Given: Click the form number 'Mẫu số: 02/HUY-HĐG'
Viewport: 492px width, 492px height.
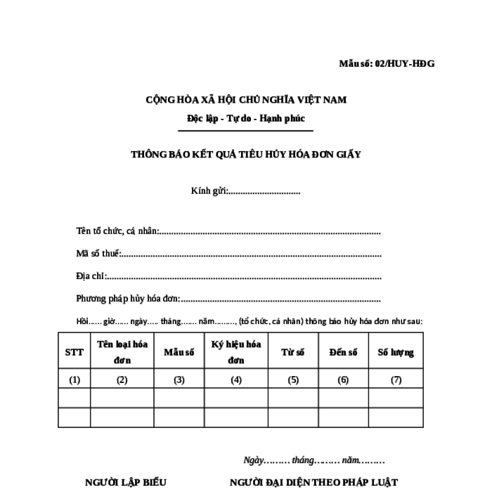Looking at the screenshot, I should (387, 64).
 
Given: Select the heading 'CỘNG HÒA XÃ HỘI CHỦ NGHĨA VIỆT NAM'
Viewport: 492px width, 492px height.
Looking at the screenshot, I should (246, 100).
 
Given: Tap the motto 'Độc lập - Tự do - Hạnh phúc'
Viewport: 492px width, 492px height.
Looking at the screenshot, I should (245, 119).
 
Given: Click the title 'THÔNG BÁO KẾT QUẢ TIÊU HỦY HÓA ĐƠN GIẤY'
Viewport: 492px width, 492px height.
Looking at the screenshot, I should (245, 154).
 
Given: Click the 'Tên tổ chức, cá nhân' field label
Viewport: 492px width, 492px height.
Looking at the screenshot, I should (118, 231).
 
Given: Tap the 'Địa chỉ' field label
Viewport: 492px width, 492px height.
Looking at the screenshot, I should (91, 276).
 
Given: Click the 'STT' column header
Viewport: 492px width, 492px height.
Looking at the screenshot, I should (74, 352).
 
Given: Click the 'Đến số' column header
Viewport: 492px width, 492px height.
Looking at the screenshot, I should (343, 352).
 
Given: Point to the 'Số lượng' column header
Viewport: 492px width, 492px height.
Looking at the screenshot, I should (396, 352).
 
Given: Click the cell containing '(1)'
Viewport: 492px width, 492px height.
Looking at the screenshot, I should (75, 380).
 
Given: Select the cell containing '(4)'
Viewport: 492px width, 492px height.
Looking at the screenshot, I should (235, 380).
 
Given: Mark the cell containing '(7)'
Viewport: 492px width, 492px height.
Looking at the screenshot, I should (396, 380).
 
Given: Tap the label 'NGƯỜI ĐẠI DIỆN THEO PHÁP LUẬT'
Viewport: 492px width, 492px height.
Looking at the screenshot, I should (313, 483).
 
